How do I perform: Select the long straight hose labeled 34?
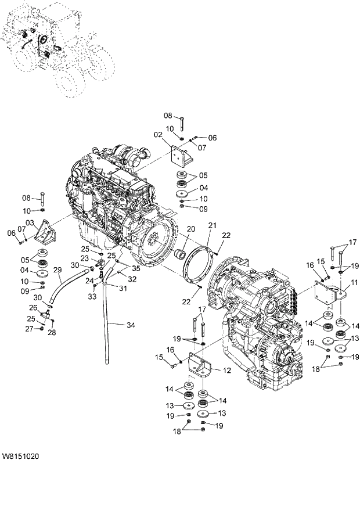tap(107, 325)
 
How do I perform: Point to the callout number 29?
tap(57, 269)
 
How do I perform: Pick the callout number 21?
tap(213, 225)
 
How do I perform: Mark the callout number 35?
tap(136, 268)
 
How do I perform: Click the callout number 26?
tap(33, 308)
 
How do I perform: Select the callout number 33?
tap(93, 296)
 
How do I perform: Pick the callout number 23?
tap(84, 259)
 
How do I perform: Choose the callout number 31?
tap(123, 289)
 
